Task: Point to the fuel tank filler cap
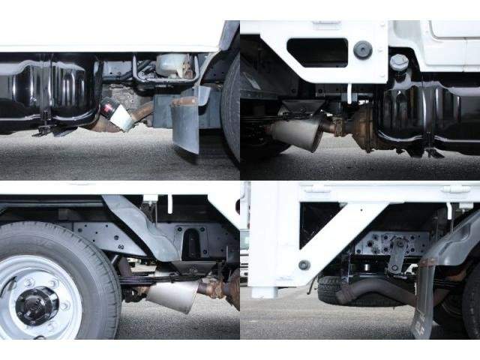coord(399,62)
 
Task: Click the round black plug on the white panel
coord(363,50)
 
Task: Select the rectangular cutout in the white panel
coord(316,52)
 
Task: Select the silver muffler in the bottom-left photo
coord(173,293)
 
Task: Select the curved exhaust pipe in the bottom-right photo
coord(375,289)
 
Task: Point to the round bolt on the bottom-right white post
coord(304,265)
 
